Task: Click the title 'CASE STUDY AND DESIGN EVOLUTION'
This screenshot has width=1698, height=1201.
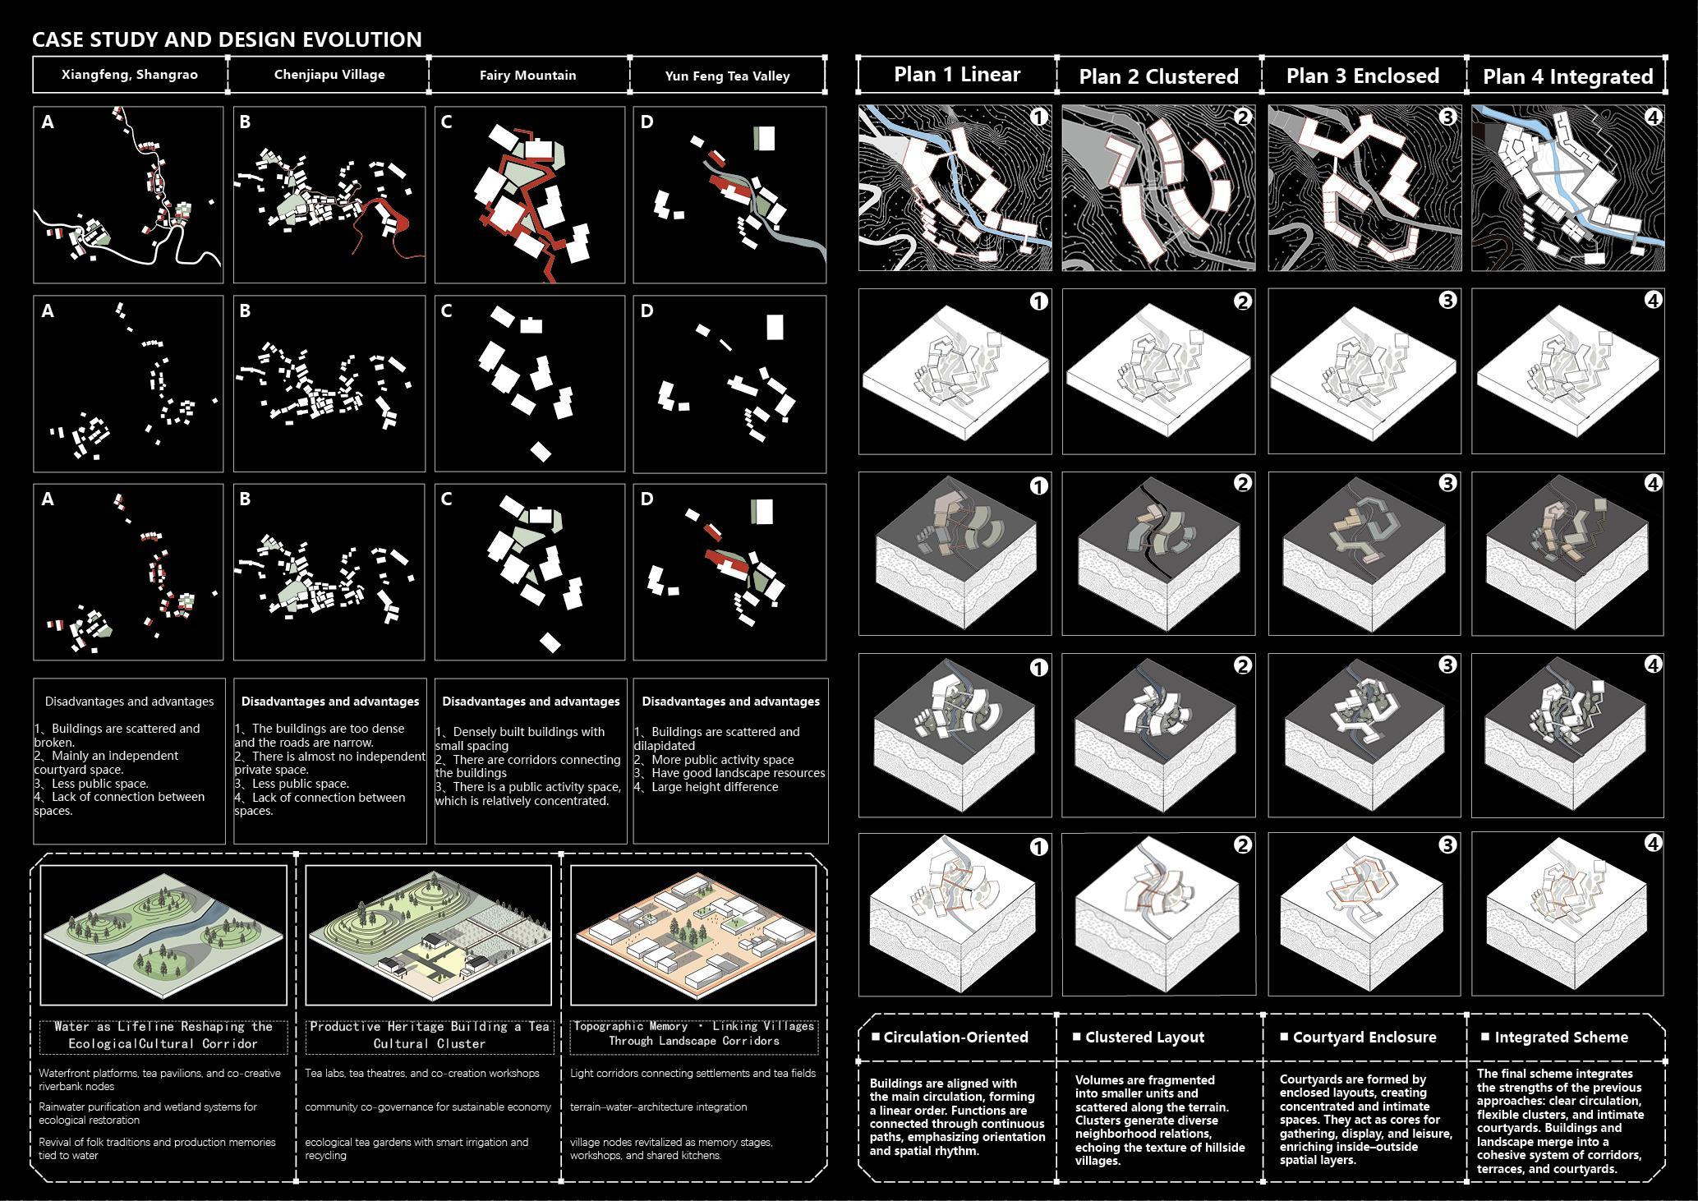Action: pos(227,39)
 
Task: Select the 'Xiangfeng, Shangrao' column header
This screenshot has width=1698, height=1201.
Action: pos(130,75)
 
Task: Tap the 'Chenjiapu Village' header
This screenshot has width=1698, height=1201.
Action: pos(329,75)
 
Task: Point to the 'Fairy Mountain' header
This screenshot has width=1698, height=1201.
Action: pos(528,76)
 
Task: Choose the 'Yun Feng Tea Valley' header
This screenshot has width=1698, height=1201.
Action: pos(728,76)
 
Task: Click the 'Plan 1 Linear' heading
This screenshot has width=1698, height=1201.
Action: pos(957,75)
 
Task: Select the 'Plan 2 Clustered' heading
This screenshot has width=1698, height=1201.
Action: pos(1158,76)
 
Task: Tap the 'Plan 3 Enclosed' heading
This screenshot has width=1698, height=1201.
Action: pos(1363,76)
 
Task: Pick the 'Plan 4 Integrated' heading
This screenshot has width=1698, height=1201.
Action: pos(1567,76)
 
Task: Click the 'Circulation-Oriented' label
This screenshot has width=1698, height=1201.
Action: pos(955,1038)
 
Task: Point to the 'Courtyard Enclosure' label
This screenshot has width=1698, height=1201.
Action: pos(1364,1038)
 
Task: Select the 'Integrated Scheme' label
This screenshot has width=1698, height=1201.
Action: pos(1561,1038)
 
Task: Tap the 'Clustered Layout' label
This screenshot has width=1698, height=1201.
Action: pos(1144,1038)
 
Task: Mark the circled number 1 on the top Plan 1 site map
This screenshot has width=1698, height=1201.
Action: pos(1038,117)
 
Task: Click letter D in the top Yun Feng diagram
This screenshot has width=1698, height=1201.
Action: pos(647,122)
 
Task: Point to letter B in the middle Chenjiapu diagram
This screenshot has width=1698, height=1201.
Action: pos(245,311)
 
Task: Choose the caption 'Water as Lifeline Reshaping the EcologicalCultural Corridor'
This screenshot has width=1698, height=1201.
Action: pos(163,1035)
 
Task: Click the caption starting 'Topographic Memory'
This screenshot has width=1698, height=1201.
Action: pos(694,1033)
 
